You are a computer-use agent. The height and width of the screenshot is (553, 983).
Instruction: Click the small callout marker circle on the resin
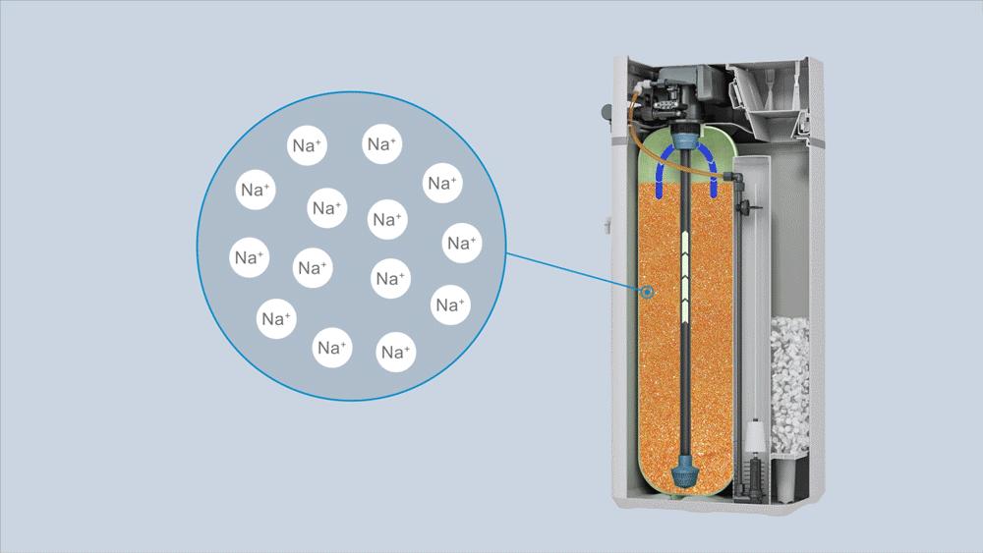click(x=647, y=292)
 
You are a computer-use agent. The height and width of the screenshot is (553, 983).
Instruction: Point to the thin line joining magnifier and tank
click(x=574, y=272)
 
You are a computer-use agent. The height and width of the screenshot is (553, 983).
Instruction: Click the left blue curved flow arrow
click(x=665, y=169)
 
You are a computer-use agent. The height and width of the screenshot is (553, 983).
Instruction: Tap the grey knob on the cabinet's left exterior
click(x=607, y=113)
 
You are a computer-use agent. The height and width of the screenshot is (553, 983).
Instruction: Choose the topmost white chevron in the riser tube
click(x=686, y=238)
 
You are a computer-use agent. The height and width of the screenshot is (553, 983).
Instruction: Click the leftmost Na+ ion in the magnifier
click(x=249, y=257)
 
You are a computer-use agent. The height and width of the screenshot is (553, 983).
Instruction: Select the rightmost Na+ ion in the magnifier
click(x=462, y=243)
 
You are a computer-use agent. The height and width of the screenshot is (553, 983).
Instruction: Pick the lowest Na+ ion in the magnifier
click(x=395, y=352)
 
